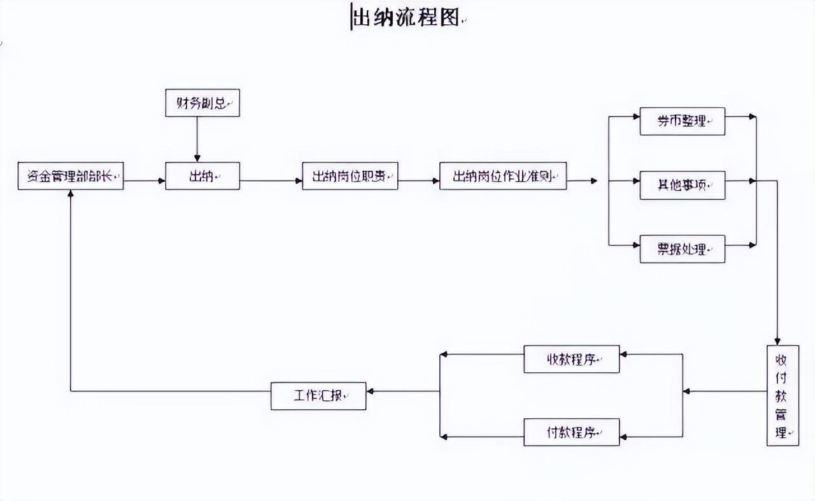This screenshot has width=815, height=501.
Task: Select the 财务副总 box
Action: point(202,103)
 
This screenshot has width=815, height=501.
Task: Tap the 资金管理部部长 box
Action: point(71,176)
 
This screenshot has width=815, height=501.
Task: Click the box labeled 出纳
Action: point(202,176)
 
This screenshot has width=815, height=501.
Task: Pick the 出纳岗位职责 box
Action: point(350,176)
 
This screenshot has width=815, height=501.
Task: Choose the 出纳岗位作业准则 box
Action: point(503,176)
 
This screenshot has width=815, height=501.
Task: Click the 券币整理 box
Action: point(682,121)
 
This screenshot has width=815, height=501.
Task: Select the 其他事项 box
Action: point(682,185)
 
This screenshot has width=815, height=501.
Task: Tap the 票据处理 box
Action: point(682,249)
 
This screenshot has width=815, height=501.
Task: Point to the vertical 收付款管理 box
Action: point(783,395)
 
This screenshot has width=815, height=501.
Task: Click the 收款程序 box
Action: point(571,359)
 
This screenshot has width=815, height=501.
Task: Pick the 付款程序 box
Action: point(571,432)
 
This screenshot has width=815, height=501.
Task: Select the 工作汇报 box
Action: point(318,396)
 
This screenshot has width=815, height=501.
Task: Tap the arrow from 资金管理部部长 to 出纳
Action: point(145,180)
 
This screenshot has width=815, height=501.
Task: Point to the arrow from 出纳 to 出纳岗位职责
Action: point(271,180)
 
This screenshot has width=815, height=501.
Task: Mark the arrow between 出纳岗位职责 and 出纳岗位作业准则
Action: point(418,180)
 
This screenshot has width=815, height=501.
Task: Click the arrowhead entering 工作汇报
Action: point(371,391)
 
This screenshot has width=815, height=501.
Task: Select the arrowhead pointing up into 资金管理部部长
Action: point(70,194)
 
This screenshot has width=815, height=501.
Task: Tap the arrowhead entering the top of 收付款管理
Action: point(777,341)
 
